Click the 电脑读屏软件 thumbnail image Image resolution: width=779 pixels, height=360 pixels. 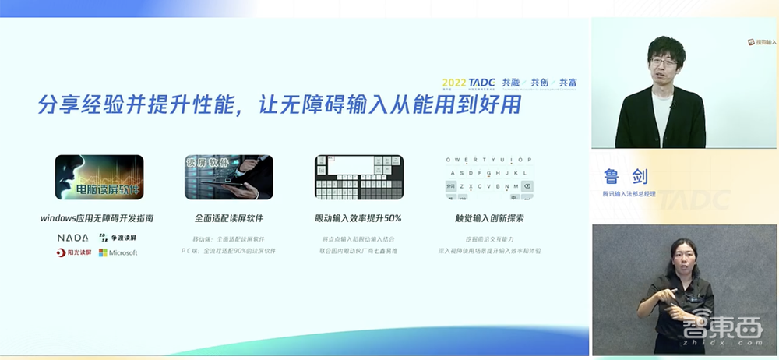99,177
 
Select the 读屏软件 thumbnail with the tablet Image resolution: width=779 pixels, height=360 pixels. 230,177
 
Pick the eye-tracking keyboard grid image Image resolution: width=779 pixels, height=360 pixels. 358,177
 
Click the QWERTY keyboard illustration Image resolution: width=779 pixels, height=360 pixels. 490,177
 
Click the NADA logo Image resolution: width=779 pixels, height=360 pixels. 73,237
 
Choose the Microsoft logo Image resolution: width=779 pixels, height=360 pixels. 118,252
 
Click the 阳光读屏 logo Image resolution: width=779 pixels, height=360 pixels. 74,252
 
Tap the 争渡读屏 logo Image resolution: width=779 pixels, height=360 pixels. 118,237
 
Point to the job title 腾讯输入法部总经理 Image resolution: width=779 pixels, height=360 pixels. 633,193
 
